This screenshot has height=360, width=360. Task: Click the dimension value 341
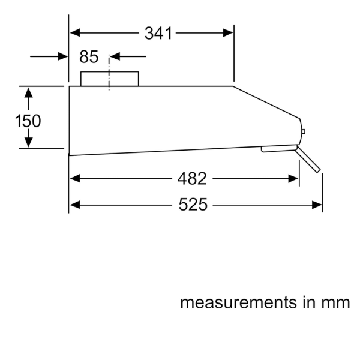tap(158, 33)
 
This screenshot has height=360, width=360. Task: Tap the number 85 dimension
tap(89, 57)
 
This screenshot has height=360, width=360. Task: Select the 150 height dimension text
tap(28, 121)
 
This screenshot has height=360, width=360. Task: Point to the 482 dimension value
tap(192, 178)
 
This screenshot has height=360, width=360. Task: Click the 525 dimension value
tap(193, 205)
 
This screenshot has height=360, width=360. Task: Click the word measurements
tap(239, 302)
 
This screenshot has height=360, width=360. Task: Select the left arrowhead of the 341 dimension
tap(75, 33)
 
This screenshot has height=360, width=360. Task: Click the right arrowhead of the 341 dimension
tap(228, 33)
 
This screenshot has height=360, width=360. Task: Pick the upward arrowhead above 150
tap(28, 92)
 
